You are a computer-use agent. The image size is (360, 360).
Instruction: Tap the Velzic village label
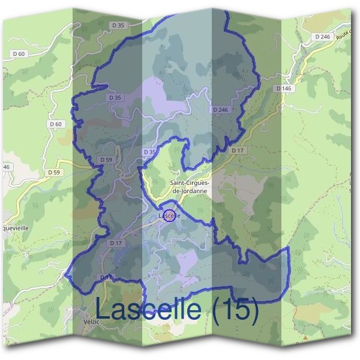[95, 322]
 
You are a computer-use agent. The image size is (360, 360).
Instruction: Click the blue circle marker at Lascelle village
[169, 215]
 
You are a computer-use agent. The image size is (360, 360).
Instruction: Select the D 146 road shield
[284, 88]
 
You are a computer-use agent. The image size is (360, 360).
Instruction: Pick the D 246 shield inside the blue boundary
[220, 110]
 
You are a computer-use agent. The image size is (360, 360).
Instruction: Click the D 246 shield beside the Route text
[322, 37]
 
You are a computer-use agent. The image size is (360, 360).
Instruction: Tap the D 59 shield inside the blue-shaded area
[106, 160]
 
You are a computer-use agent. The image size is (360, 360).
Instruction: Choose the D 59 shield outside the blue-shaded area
[53, 172]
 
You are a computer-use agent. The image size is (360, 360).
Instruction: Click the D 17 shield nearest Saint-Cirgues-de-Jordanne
[238, 150]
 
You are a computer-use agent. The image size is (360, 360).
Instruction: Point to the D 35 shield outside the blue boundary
[119, 25]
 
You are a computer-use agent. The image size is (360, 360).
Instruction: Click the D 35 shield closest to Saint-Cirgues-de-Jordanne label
[149, 152]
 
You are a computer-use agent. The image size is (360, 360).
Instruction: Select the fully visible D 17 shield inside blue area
[116, 243]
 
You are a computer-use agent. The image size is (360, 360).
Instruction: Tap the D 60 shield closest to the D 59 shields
[56, 124]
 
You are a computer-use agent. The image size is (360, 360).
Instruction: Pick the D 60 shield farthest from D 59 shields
[37, 54]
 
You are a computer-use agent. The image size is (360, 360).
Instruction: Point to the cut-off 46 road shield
[7, 166]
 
